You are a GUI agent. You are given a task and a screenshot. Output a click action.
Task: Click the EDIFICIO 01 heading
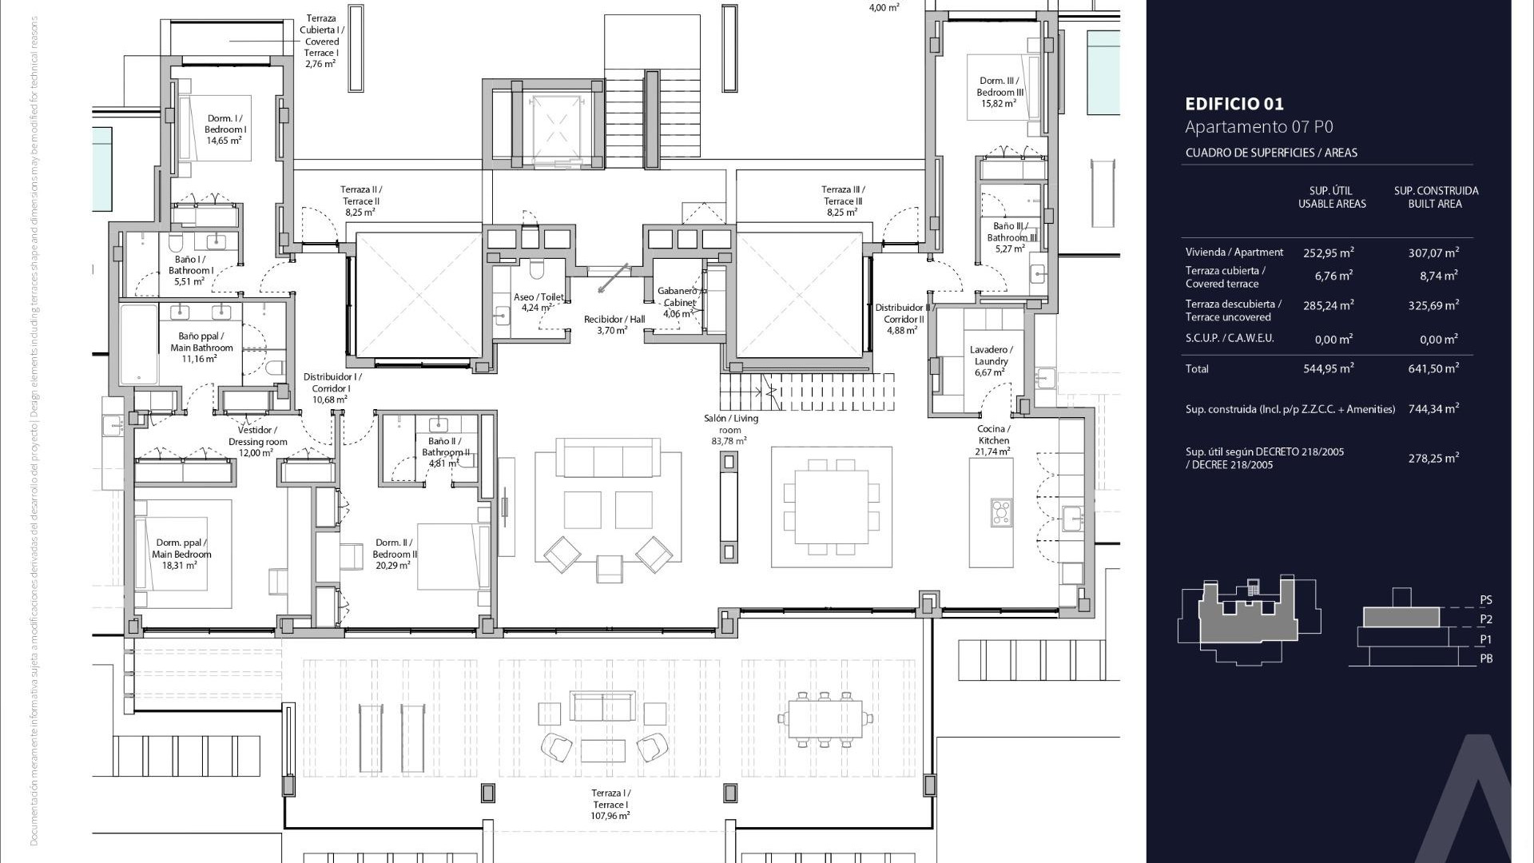(x=1234, y=104)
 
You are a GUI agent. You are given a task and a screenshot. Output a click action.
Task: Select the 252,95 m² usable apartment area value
(x=1328, y=253)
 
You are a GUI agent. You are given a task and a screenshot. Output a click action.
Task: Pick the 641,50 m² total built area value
(x=1433, y=368)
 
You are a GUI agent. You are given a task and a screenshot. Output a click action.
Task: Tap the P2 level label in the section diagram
(x=1485, y=619)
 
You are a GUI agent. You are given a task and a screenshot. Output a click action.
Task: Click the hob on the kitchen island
(x=1001, y=511)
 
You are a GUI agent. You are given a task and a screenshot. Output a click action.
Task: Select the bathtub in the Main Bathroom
(x=139, y=344)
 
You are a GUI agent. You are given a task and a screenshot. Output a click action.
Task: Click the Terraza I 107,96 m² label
(x=610, y=804)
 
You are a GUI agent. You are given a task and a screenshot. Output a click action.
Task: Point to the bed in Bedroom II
(x=453, y=556)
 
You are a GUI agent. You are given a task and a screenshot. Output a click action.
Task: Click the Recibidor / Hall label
(x=614, y=324)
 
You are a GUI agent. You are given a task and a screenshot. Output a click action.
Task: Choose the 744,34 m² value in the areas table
(x=1433, y=408)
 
